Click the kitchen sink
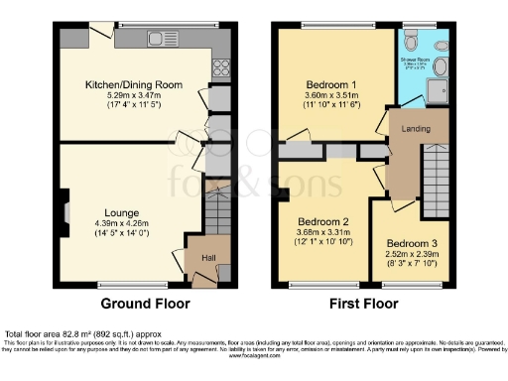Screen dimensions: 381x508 pyautogui.click(x=159, y=40)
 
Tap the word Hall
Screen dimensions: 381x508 pyautogui.click(x=209, y=258)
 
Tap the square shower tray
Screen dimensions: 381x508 pyautogui.click(x=438, y=91)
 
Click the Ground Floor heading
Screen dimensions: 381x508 pyautogui.click(x=140, y=304)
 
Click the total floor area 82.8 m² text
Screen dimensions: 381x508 pyautogui.click(x=73, y=334)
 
